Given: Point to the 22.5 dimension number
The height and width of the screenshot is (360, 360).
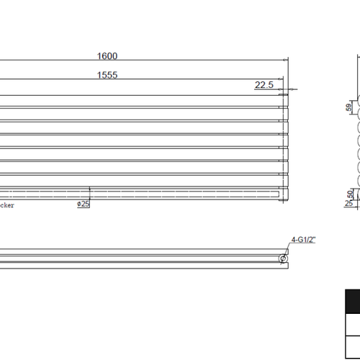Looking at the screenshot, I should [264, 85].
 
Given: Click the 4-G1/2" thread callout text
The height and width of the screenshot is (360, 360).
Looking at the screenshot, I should [302, 240].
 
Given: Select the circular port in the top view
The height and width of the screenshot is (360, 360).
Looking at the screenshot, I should [283, 258].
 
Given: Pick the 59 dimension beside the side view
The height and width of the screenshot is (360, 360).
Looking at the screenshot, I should [348, 107].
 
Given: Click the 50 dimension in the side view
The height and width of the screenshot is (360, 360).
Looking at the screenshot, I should [351, 194].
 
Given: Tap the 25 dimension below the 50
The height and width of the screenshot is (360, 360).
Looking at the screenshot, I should [350, 204].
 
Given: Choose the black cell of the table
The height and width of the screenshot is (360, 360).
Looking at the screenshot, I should [352, 301].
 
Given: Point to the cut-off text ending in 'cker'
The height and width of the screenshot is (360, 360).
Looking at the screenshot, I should [7, 205].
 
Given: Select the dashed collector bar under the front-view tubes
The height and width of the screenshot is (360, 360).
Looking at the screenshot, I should [144, 193].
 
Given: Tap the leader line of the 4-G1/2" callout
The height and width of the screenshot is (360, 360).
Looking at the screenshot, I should [288, 248].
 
